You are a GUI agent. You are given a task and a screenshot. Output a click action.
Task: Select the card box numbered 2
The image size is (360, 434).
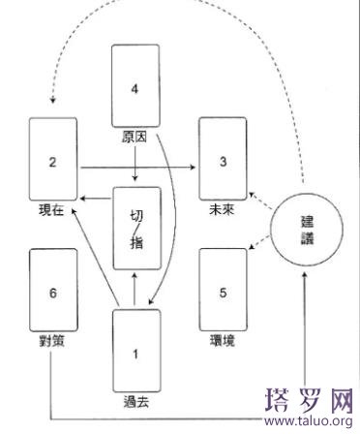[53, 161]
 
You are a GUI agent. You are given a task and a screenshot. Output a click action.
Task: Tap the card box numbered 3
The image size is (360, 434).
[222, 161]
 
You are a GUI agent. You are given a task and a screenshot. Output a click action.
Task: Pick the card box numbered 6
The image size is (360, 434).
[53, 291]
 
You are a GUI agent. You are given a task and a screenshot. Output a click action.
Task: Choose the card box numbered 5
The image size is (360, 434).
[222, 291]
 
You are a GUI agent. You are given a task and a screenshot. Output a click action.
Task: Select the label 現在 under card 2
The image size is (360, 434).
[53, 210]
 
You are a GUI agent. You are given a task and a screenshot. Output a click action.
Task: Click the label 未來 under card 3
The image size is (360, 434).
[222, 210]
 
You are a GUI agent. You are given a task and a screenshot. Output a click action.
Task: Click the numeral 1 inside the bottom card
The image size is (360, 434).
[135, 354]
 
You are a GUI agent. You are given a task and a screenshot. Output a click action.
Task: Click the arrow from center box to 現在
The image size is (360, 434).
[96, 197]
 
